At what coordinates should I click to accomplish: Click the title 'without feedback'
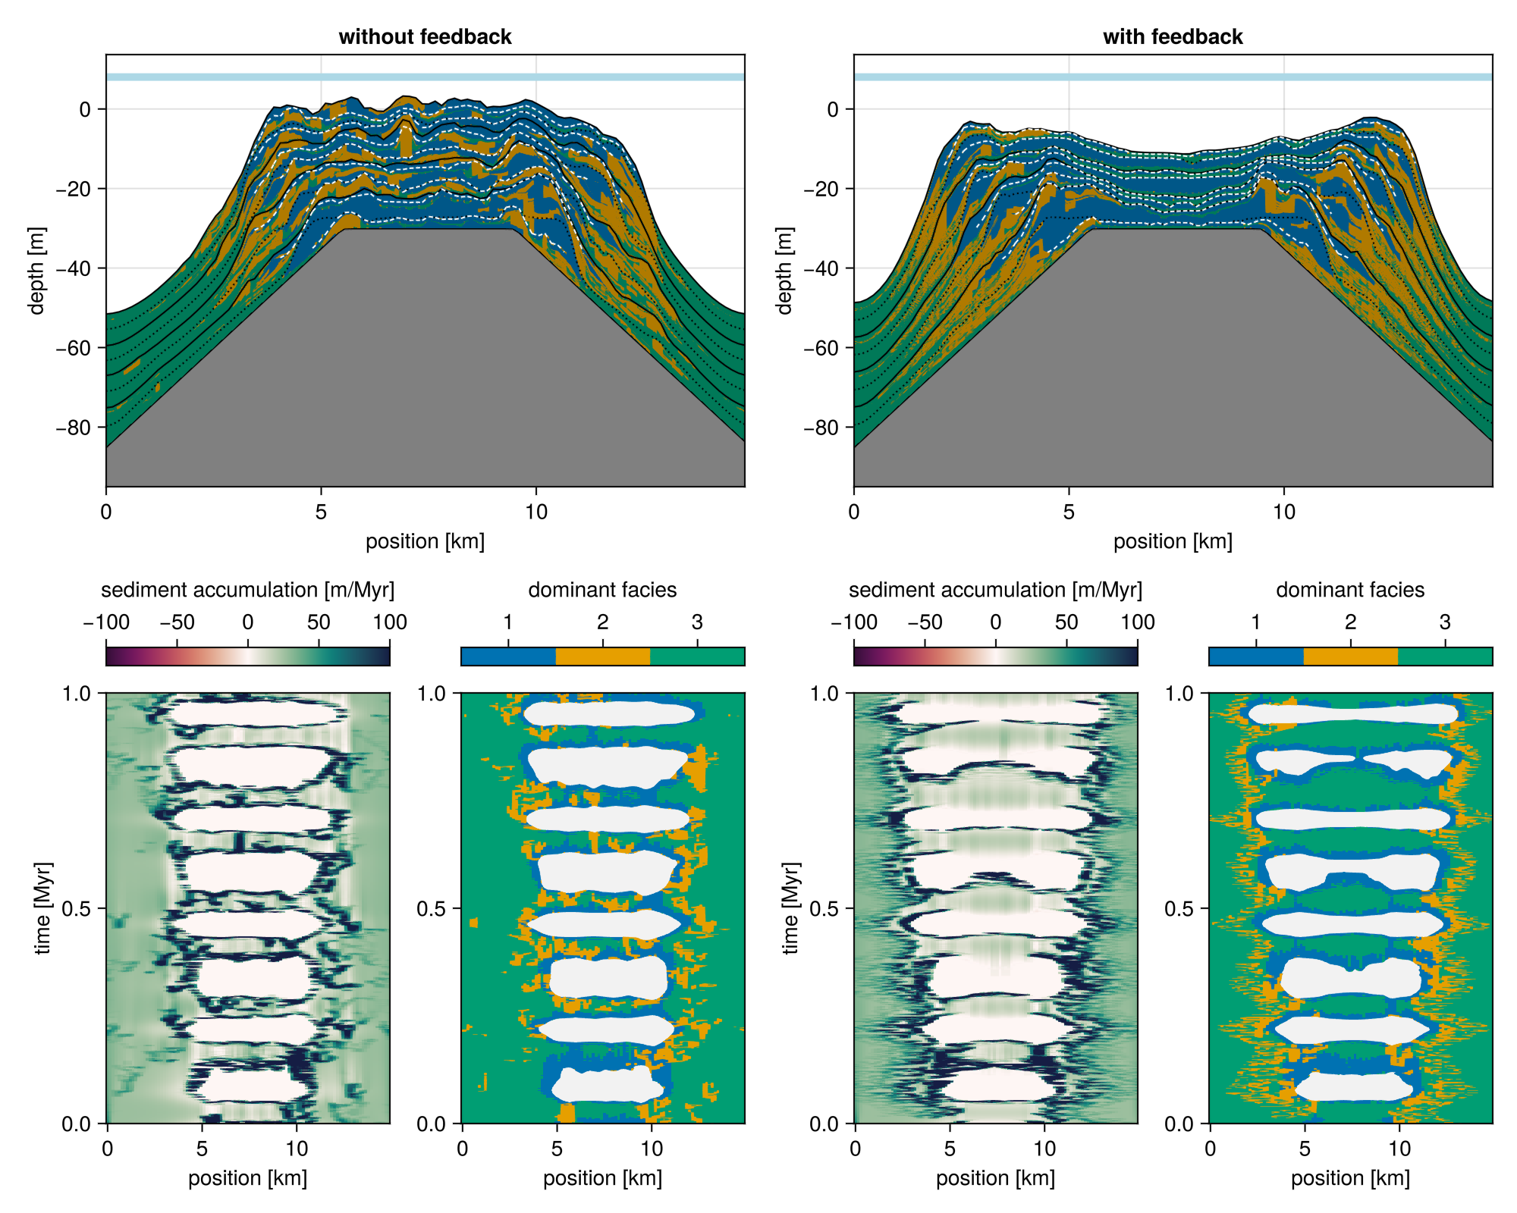(425, 36)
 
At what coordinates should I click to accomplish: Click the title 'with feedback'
(1173, 36)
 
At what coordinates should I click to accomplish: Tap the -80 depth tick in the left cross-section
(74, 428)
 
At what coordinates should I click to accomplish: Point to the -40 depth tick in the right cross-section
(821, 268)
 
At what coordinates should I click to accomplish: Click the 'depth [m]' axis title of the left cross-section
(36, 270)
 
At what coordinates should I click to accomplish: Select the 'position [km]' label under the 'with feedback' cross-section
(1173, 541)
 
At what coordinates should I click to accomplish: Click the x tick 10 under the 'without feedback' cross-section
(536, 512)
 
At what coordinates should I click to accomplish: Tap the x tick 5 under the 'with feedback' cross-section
(1069, 512)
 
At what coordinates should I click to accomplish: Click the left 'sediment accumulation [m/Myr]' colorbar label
(247, 590)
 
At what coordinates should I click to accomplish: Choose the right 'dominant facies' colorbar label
(1350, 590)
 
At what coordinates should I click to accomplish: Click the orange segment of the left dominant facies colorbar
(603, 657)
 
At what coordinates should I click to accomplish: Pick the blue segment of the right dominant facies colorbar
(1255, 657)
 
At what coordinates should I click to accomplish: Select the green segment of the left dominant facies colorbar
(698, 657)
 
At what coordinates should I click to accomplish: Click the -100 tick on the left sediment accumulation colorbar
(106, 622)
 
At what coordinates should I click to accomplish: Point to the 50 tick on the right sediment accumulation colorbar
(1066, 622)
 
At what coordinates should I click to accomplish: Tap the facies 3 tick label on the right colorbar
(1445, 622)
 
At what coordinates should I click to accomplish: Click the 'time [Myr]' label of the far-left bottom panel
(43, 907)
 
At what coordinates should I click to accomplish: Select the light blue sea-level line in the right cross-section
(1173, 77)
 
